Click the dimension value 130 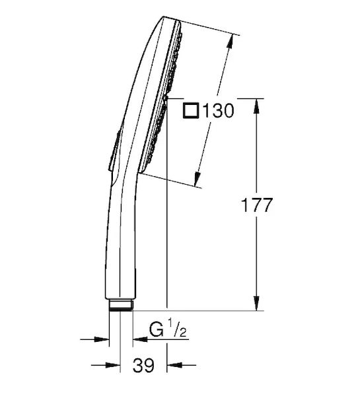219,111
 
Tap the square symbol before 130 191,111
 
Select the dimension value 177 257,205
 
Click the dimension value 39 143,365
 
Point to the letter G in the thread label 157,329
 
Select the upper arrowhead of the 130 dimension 229,42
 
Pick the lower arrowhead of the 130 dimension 198,179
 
